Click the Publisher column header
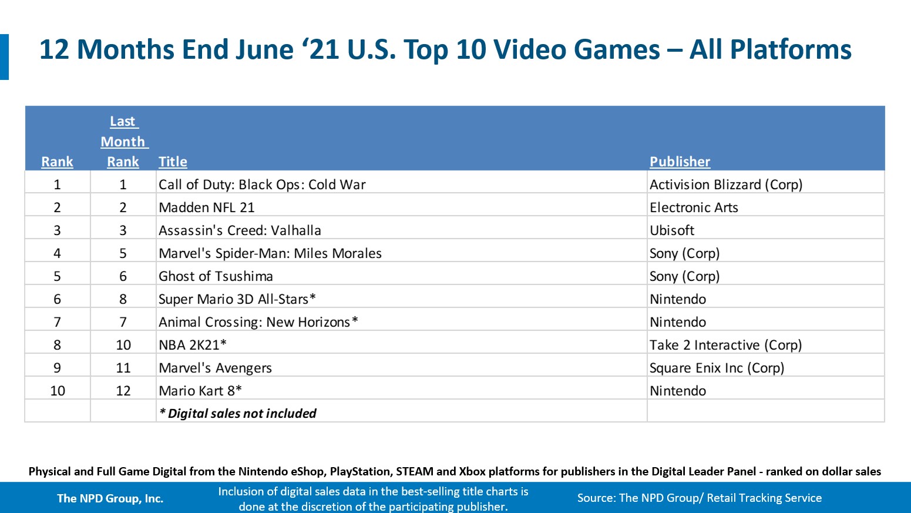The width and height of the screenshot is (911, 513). [x=680, y=162]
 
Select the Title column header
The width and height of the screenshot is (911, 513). [x=173, y=162]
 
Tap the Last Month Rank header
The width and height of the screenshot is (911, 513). [x=123, y=142]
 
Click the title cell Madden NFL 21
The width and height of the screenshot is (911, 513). [x=207, y=207]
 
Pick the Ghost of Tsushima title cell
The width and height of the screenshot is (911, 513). [x=216, y=276]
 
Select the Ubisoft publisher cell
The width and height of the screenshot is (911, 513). [x=672, y=230]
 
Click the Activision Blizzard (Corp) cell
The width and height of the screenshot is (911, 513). [x=726, y=185]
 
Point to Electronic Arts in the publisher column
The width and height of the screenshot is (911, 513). [x=694, y=207]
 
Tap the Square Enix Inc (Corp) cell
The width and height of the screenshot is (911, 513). [x=717, y=368]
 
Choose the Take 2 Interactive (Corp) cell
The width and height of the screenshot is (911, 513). [x=725, y=345]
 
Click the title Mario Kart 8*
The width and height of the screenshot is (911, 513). [x=200, y=391]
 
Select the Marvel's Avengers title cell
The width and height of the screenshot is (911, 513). [x=215, y=368]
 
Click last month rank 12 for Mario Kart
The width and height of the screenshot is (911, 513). [x=123, y=391]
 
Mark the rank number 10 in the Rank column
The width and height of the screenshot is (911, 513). [x=58, y=391]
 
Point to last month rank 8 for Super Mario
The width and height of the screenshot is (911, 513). [x=123, y=299]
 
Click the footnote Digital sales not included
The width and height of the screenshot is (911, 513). [x=238, y=414]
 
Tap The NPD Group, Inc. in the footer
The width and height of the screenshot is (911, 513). [x=110, y=498]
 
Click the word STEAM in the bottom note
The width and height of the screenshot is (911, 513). [x=415, y=471]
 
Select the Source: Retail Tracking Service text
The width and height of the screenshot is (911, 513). [x=699, y=498]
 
